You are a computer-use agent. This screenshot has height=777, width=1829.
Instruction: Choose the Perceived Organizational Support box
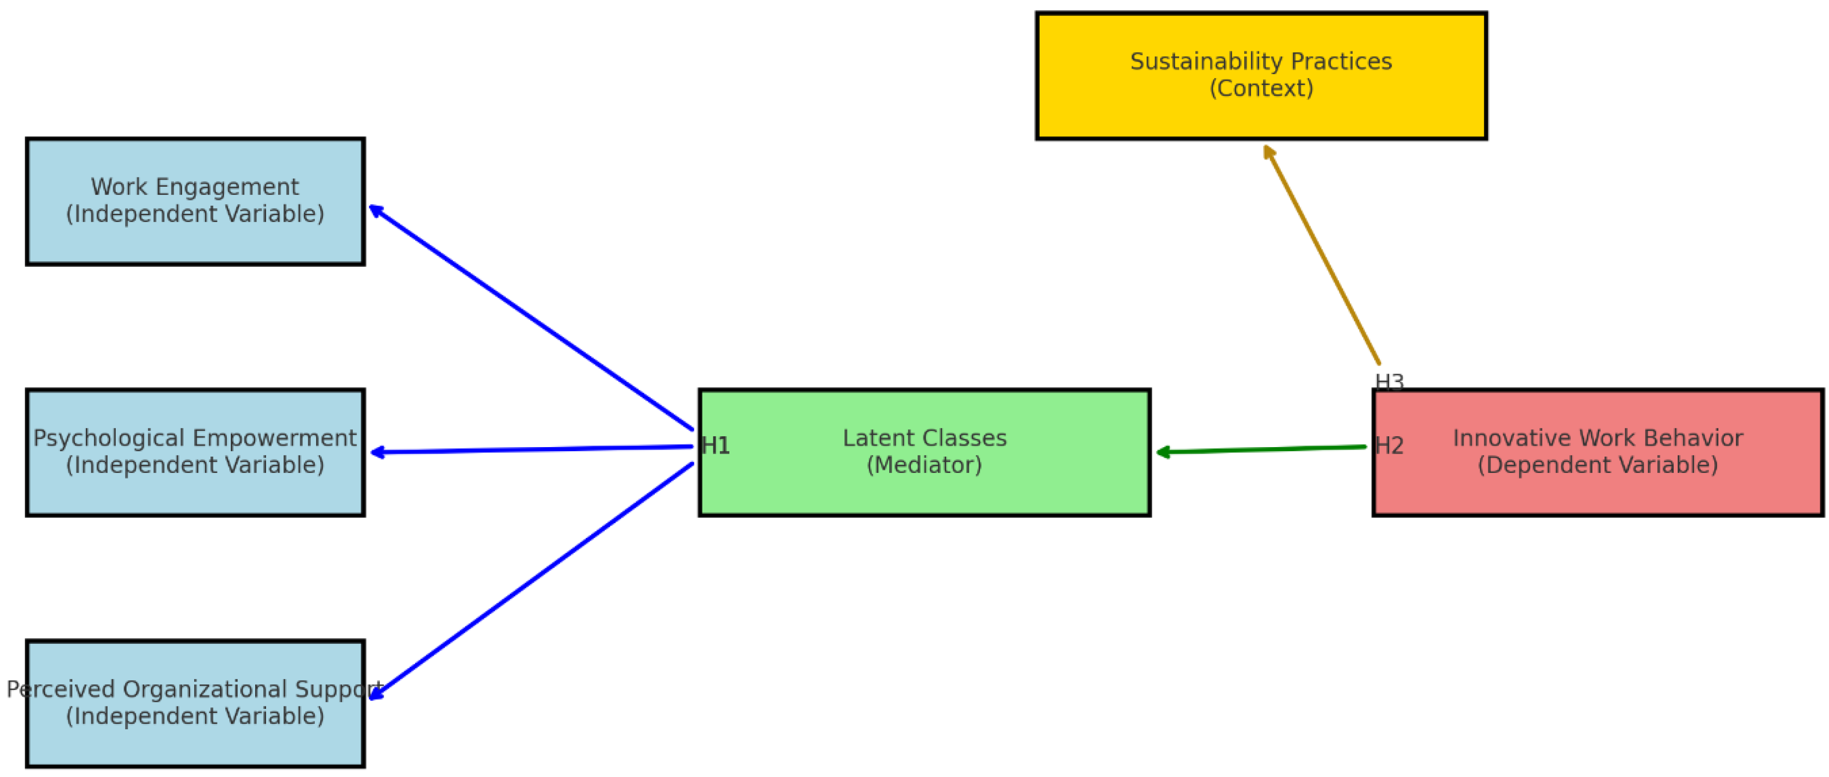coord(195,742)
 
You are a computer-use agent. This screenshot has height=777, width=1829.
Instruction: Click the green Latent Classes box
coord(924,490)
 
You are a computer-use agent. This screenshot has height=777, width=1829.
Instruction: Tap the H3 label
coord(1389,382)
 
